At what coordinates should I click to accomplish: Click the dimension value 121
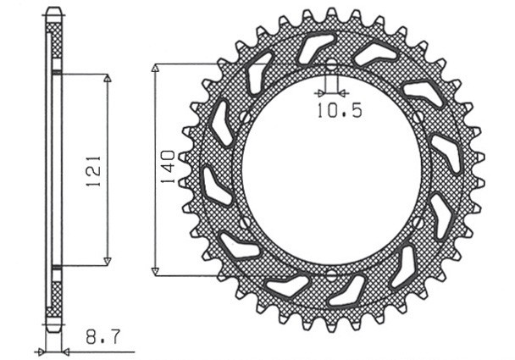[94, 169]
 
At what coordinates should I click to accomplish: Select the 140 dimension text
[167, 169]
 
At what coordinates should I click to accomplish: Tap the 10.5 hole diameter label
[339, 111]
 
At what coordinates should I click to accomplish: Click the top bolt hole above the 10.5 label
[331, 66]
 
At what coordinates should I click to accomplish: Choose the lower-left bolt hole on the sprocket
[244, 223]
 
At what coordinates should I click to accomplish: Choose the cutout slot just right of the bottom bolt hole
[350, 289]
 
